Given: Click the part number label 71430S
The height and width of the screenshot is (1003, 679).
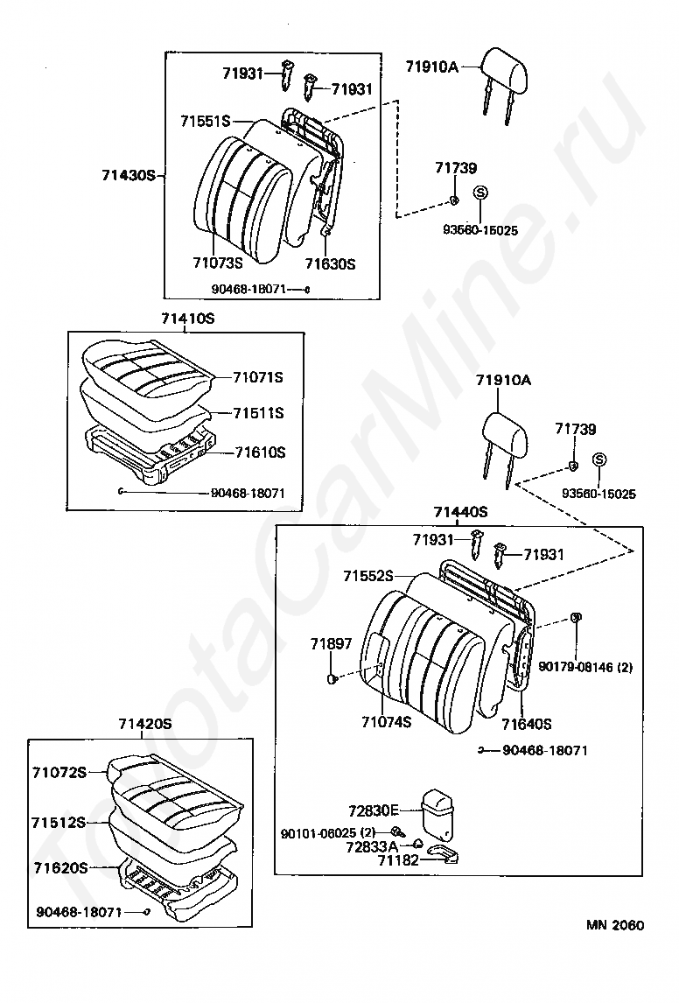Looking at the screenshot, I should (x=127, y=175).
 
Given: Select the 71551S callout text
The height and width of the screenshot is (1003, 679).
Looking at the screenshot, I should (x=205, y=121).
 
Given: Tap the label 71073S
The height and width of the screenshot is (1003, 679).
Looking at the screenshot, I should (x=217, y=261).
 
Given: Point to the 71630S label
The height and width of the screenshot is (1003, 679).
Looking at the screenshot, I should (x=330, y=263).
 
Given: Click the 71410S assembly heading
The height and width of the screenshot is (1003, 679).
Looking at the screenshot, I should (x=187, y=319).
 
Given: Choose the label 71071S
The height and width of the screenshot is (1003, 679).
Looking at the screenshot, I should (x=258, y=377).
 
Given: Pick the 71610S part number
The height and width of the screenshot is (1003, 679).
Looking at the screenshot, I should (x=260, y=452).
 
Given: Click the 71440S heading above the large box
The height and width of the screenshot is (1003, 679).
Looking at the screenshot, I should (x=460, y=512).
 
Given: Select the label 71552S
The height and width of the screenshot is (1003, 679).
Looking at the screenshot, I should (x=367, y=576).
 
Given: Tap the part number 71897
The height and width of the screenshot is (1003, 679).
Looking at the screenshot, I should (x=331, y=644).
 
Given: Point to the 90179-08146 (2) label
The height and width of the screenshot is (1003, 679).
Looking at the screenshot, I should (x=585, y=667).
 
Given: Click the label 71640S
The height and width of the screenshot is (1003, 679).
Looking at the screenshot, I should (x=526, y=724).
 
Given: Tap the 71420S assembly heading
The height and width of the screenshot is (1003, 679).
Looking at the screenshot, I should (x=144, y=724).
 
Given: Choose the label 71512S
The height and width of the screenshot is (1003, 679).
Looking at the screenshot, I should (x=59, y=823).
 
